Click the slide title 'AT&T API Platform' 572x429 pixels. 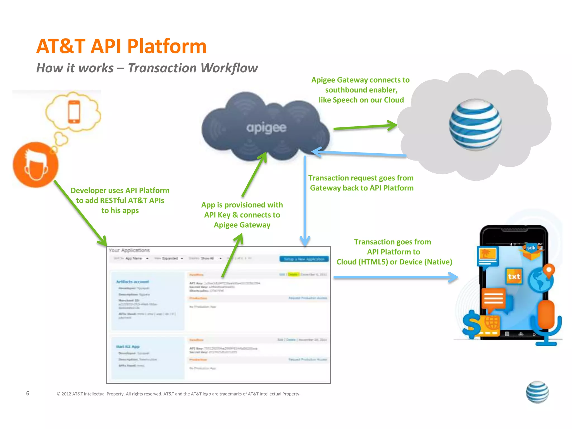[x=121, y=46]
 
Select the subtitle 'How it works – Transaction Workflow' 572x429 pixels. [x=147, y=68]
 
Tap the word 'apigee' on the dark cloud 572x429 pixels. [x=266, y=128]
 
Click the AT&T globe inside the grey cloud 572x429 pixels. [x=475, y=125]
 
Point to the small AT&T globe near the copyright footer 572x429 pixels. [x=537, y=392]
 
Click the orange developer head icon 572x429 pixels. [x=35, y=165]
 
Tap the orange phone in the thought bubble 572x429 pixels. [x=74, y=111]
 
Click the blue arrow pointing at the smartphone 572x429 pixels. [x=395, y=277]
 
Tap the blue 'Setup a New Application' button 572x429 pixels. [x=304, y=259]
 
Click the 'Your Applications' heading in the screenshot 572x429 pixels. [x=129, y=250]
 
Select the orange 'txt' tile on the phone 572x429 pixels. [x=514, y=276]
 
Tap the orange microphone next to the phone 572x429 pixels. [x=546, y=316]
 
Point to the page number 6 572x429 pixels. [x=28, y=393]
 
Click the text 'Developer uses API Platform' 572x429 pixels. [x=120, y=190]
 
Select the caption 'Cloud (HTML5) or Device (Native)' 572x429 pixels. [x=394, y=262]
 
